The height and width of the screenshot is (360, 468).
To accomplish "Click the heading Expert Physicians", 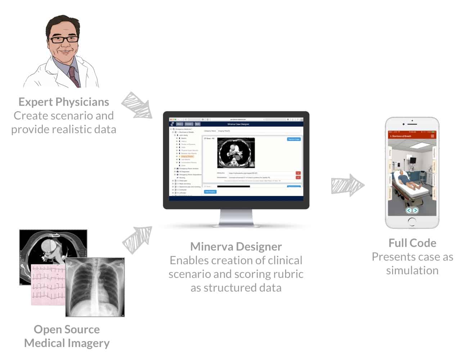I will pyautogui.click(x=64, y=102).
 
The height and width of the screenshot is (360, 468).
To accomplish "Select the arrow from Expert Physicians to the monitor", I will pyautogui.click(x=137, y=105).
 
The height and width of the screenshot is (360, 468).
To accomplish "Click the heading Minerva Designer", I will pyautogui.click(x=236, y=247).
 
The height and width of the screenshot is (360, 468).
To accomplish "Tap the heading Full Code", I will pyautogui.click(x=412, y=243).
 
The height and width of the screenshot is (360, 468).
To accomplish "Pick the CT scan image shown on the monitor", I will pyautogui.click(x=236, y=153).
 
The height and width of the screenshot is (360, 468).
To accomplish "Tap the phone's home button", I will pyautogui.click(x=412, y=221).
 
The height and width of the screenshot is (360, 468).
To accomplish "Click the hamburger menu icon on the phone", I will pyautogui.click(x=432, y=136).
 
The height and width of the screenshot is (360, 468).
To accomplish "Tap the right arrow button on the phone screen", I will pyautogui.click(x=415, y=210).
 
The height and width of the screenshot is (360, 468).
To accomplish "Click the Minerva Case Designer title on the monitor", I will pyautogui.click(x=238, y=124).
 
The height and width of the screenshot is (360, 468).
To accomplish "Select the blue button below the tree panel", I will pyautogui.click(x=210, y=192).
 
